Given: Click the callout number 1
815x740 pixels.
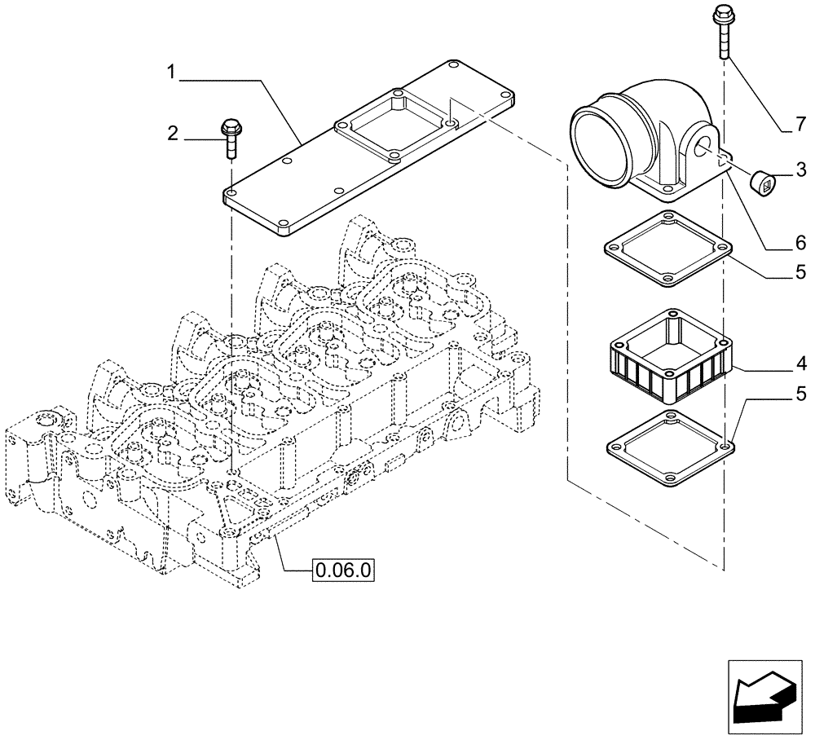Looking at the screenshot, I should [x=172, y=73].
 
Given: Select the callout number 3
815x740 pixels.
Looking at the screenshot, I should [x=801, y=170].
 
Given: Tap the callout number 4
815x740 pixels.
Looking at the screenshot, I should [x=801, y=362].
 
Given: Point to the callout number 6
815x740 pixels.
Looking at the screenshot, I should [x=801, y=242].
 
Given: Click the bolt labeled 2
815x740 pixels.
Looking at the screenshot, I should [x=230, y=139].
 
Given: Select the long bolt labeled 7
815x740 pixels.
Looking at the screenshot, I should [x=722, y=33].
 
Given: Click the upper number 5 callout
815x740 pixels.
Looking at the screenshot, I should [x=801, y=271].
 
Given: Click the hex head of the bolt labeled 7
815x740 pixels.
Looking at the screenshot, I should [x=722, y=13].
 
